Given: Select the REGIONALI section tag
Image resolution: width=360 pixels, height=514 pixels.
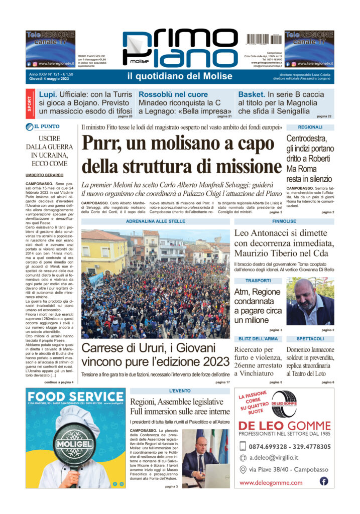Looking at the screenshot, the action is pos(310,127).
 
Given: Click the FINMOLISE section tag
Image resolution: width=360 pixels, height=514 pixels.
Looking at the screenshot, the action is pos(284,221).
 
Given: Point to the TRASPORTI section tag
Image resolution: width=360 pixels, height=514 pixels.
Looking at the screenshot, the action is pos(258,280).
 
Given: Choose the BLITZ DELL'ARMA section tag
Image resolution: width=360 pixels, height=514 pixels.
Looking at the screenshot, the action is pos(258,339).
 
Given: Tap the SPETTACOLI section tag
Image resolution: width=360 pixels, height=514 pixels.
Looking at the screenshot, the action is pos(310,339).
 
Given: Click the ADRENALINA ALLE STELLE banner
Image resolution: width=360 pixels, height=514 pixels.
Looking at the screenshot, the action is pos(155,221).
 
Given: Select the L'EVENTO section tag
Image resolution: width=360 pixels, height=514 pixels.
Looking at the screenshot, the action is pos(179,391).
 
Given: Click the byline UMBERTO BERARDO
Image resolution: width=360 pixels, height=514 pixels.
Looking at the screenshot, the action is pos(44,174).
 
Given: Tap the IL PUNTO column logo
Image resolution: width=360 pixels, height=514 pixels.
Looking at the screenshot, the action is pos(46,127).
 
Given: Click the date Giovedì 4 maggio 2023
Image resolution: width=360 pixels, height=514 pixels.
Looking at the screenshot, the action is pos(50,79).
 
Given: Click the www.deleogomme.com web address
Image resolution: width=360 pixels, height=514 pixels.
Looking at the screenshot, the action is pos(271,483).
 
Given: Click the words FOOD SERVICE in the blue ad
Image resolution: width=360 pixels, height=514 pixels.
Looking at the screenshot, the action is pos(75,397).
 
